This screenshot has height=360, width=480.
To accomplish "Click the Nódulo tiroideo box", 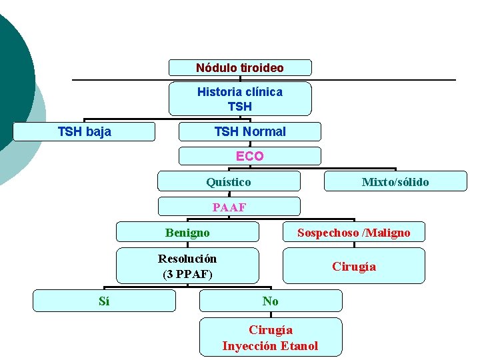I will coord(240,68).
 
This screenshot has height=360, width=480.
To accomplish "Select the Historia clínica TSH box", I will coord(240,99).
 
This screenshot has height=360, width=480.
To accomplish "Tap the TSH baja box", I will coord(84,132).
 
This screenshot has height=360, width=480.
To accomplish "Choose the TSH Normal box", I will coord(249,132).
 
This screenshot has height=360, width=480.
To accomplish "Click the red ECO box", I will coord(249,157).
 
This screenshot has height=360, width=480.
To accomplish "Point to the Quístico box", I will coord(229,181).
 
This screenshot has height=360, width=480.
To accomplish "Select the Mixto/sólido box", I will coord(395,181).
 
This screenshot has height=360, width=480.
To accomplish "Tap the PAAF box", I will coord(229,207).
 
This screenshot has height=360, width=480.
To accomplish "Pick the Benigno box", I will coord(187,233).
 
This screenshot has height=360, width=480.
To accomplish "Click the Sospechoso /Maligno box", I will coord(353,233).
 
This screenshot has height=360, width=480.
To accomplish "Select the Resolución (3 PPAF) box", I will coord(187,266).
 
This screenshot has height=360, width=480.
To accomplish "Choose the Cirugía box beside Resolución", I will coord(353,266).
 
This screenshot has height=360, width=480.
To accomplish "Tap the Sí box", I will coord(104,301).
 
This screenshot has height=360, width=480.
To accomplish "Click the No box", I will coord(271,301).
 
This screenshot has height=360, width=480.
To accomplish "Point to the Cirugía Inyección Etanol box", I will coord(271,337).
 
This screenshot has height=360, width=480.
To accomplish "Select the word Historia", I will coord(220,92).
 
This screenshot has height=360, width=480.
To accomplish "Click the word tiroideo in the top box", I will coord(260,68).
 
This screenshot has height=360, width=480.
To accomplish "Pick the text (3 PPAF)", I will coord(187,274).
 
